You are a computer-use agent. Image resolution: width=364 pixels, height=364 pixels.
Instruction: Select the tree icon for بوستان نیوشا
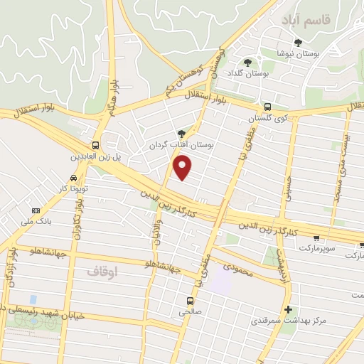[x=298, y=43]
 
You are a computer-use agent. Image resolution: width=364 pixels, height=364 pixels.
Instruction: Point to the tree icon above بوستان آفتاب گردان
[x=181, y=132]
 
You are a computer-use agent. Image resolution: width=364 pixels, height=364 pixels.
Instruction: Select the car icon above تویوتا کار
[x=74, y=178]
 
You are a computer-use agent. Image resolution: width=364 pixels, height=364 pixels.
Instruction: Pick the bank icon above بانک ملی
[x=36, y=211]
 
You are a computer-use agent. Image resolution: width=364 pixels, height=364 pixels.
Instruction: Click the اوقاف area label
[x=100, y=272]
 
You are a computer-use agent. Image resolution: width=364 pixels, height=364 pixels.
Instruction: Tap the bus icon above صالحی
[x=189, y=300]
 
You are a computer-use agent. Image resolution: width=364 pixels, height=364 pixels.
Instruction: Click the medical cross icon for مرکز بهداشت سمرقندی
[x=287, y=309]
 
